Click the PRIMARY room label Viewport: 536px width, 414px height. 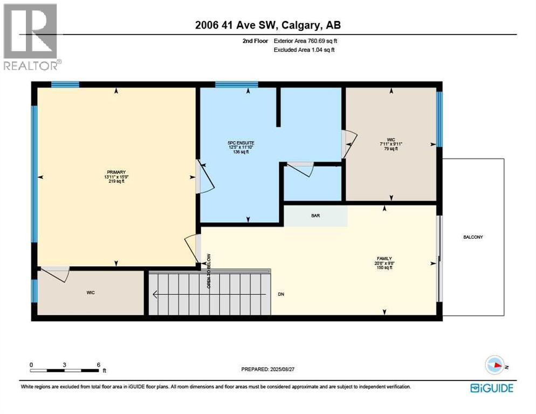click(116, 172)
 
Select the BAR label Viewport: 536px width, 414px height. click(315, 215)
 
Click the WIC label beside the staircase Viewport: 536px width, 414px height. click(91, 293)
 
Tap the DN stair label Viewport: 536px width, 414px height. click(281, 294)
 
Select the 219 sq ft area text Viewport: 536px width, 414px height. click(116, 182)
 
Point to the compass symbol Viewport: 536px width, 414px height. click(494, 365)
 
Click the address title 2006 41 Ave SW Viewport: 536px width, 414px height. click(268, 25)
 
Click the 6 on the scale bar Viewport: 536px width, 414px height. click(98, 364)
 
